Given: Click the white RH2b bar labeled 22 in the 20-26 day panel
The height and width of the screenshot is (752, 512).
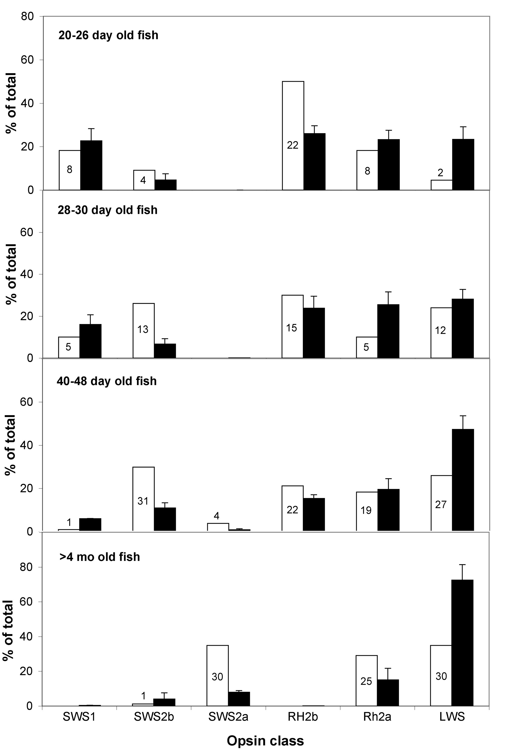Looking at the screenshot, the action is [x=293, y=136].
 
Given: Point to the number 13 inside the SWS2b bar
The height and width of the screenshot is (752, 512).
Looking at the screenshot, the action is [x=143, y=329].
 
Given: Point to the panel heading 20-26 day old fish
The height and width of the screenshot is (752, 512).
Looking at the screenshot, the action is [x=108, y=35].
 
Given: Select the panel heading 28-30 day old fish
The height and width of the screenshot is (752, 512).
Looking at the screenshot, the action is [x=108, y=210].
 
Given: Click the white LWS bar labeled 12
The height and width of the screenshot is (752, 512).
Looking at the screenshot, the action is [x=441, y=333].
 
